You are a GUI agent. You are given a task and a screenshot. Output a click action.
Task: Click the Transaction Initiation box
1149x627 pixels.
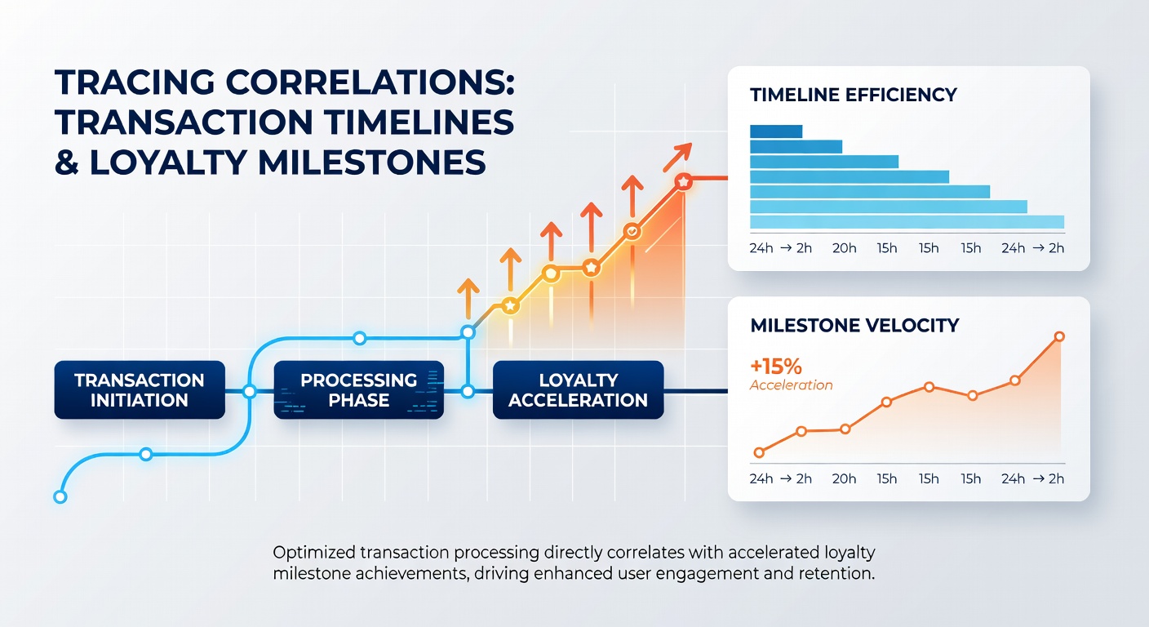pos(140,390)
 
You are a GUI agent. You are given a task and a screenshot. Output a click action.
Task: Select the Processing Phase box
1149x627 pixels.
pos(358,390)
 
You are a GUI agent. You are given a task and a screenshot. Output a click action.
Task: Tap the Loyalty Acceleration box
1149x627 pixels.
pos(578,390)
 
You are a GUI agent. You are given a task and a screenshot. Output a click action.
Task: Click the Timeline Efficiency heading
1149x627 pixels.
pos(854,95)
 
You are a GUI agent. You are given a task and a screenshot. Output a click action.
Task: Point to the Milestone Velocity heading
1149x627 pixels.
pos(854,325)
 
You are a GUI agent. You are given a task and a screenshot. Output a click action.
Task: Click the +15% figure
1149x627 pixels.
pos(775,367)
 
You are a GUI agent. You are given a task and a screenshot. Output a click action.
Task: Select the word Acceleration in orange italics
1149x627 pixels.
pos(792,385)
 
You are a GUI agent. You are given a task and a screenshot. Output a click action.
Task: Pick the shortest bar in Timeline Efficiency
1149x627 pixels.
pos(776,131)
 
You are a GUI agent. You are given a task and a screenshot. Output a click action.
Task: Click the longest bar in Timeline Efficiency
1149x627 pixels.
pos(907,222)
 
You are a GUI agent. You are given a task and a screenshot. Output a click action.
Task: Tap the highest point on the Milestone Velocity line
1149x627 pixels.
pos(1059,336)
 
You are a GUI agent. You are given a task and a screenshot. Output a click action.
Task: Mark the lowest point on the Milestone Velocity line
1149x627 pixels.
pos(759,452)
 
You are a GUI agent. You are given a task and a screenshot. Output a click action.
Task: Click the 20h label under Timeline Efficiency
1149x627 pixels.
pos(845,248)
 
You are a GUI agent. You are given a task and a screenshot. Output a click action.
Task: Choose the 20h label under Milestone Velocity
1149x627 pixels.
pos(845,478)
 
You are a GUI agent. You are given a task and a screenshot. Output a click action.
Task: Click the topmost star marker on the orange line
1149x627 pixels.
pos(683,181)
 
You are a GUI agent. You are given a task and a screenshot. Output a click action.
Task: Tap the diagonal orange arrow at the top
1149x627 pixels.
pos(677,157)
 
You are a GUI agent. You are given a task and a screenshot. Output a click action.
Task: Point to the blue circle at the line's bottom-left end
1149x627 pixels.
pos(60,496)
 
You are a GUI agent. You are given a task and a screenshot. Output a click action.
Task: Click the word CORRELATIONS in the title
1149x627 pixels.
pos(370,82)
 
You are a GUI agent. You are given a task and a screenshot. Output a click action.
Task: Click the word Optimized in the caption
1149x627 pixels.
pos(314,553)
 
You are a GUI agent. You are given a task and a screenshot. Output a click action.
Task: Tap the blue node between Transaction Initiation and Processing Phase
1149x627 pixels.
pos(249,392)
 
